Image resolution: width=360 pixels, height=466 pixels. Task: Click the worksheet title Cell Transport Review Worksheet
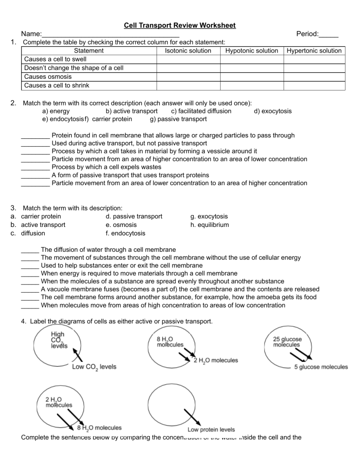point(180,25)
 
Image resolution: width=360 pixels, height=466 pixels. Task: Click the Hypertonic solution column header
point(314,51)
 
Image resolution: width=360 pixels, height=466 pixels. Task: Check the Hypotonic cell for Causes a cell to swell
point(252,60)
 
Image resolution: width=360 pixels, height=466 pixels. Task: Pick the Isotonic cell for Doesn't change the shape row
point(188,68)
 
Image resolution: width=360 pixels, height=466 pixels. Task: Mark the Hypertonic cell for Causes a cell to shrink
point(314,85)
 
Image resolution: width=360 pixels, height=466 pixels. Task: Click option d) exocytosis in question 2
point(272,111)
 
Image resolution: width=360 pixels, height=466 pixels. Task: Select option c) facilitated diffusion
point(201,111)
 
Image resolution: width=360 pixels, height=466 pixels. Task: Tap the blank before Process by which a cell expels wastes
point(36,167)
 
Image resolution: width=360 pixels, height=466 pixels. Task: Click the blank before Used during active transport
point(36,143)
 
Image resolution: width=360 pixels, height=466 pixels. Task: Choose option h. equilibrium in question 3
point(210,225)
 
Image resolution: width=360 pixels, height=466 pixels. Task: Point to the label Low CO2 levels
point(94,367)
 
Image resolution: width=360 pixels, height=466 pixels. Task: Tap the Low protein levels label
point(211,429)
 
